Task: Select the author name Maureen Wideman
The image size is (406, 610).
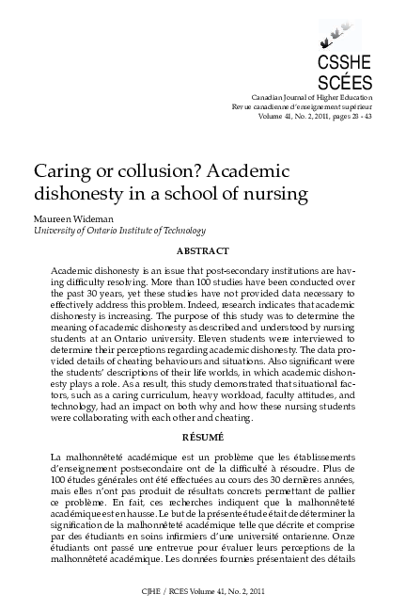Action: point(71,218)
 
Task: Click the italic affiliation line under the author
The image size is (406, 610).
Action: point(118,231)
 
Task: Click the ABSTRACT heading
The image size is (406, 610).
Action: point(203,251)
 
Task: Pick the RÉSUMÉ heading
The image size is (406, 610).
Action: point(203,436)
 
